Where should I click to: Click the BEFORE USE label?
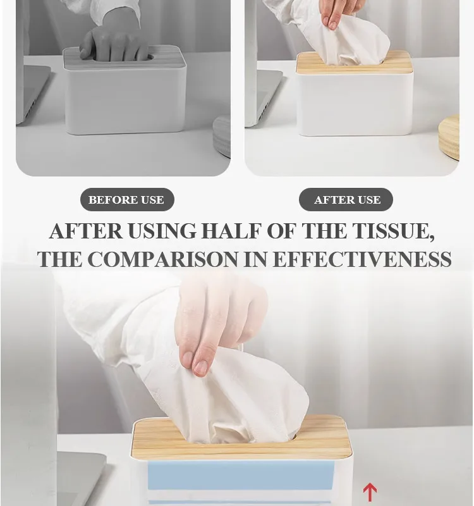(x=126, y=200)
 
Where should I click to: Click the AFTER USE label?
(x=346, y=200)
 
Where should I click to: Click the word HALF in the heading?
(x=230, y=231)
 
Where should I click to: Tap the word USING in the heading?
(x=162, y=231)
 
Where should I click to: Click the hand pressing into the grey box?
(x=114, y=43)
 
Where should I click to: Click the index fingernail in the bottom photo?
(x=200, y=366)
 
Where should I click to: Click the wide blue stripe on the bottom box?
(x=240, y=474)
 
